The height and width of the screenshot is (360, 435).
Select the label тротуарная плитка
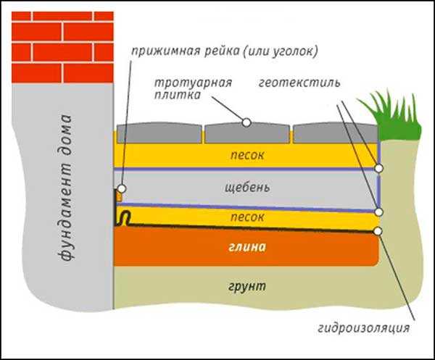point(193,88)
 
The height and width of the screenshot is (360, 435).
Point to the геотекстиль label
point(299,83)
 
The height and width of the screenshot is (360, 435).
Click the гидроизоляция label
point(364,328)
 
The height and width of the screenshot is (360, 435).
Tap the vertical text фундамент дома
point(65,188)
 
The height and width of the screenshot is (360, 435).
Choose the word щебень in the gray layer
point(247,188)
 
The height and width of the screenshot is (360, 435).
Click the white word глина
point(247,247)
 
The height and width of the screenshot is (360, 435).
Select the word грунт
point(247,287)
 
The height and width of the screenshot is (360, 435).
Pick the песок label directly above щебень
point(247,155)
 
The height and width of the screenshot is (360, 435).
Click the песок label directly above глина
point(247,217)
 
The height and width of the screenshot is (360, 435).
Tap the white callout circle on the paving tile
point(246,122)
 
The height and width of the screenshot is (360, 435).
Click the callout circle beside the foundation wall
point(122,189)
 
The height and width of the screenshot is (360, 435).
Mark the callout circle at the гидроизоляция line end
point(378,231)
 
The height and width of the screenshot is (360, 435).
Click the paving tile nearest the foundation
point(159,133)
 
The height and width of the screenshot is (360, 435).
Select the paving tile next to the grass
point(336,133)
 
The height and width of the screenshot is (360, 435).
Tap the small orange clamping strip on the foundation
point(119,197)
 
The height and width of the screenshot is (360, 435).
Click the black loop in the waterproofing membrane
point(124,218)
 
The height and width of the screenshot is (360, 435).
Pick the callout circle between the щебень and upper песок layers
point(378,168)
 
